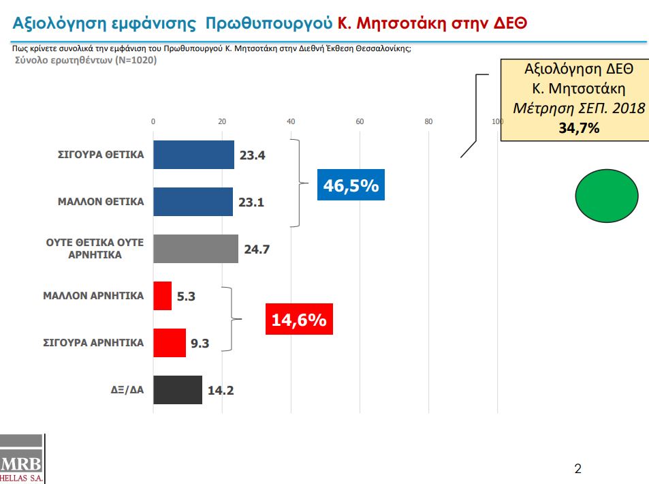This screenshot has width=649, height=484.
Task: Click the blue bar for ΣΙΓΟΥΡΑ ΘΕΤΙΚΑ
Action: pyautogui.click(x=193, y=155)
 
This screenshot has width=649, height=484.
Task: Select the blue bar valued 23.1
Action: pyautogui.click(x=193, y=202)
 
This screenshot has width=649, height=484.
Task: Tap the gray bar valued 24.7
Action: pyautogui.click(x=195, y=249)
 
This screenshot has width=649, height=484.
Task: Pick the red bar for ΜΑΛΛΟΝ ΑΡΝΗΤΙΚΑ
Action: pyautogui.click(x=162, y=296)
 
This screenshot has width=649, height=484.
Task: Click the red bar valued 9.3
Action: pyautogui.click(x=170, y=343)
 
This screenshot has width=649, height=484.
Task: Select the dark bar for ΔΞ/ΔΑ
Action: pyautogui.click(x=178, y=390)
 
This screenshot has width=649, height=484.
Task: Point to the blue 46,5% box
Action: pyautogui.click(x=351, y=185)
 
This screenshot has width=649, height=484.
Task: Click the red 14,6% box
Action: pyautogui.click(x=299, y=319)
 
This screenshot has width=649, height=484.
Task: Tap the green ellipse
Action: pyautogui.click(x=607, y=196)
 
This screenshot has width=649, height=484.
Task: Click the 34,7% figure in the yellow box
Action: pyautogui.click(x=579, y=128)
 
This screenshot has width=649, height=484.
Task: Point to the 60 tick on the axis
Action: pyautogui.click(x=360, y=121)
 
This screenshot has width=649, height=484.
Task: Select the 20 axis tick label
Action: pyautogui.click(x=222, y=121)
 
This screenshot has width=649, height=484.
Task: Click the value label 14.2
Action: pyautogui.click(x=221, y=391)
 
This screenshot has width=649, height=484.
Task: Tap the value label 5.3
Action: pyautogui.click(x=186, y=297)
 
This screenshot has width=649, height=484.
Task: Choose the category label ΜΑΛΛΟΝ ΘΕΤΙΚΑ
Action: pyautogui.click(x=101, y=202)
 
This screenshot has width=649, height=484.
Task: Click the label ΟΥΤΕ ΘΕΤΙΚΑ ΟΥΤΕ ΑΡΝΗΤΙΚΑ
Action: pyautogui.click(x=95, y=249)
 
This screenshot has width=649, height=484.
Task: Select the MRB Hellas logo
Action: pyautogui.click(x=22, y=459)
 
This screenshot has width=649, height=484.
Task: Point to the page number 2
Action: pyautogui.click(x=578, y=469)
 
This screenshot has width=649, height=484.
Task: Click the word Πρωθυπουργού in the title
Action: pyautogui.click(x=269, y=23)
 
